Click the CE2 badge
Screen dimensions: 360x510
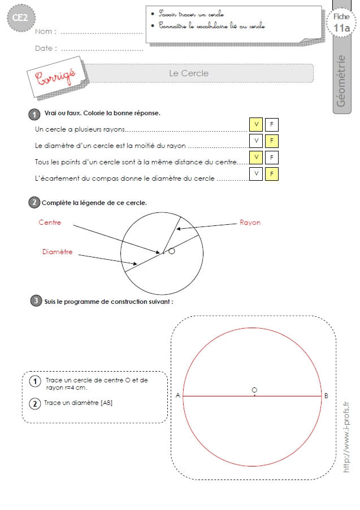tap(21, 18)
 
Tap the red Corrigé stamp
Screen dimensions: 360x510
tap(55, 77)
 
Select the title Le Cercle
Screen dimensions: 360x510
tap(189, 73)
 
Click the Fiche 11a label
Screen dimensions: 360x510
tap(341, 23)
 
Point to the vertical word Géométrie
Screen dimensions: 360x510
tap(341, 81)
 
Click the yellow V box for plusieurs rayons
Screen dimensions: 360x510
tap(256, 125)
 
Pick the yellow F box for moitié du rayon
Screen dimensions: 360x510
tap(272, 141)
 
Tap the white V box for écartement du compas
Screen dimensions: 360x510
tap(256, 174)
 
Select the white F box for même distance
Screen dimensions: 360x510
tap(272, 158)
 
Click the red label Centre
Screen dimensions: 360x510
tap(50, 223)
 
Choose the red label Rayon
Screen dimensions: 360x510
tap(250, 223)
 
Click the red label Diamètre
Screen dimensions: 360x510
tap(57, 252)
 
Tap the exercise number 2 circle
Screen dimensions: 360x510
tap(34, 202)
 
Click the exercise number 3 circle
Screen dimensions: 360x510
tap(36, 301)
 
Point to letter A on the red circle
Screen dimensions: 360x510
tap(177, 395)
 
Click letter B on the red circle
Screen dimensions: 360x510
tap(326, 395)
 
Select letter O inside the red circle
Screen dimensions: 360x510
tap(254, 390)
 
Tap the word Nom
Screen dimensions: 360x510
tap(44, 32)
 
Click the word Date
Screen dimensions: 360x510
tap(44, 49)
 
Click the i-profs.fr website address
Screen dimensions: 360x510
tap(346, 437)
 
